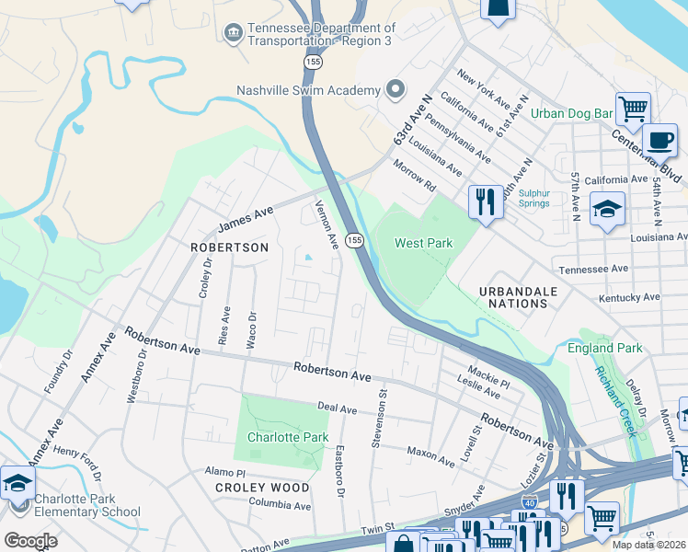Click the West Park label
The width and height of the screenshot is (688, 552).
[423, 243]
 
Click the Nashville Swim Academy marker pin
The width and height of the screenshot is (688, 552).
[396, 89]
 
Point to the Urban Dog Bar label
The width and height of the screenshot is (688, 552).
[571, 114]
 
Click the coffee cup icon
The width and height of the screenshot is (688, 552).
[659, 142]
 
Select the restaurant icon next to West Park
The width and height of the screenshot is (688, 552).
[486, 201]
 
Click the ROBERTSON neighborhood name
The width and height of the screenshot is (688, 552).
[229, 247]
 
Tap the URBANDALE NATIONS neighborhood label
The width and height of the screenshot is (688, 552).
[519, 297]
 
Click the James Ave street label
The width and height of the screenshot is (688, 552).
[246, 219]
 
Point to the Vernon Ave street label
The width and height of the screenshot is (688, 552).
[327, 224]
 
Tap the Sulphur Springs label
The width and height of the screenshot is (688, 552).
[533, 199]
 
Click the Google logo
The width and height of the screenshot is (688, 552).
[30, 540]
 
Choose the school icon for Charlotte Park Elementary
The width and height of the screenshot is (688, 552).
[17, 483]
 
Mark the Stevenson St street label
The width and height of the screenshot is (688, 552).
[378, 405]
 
